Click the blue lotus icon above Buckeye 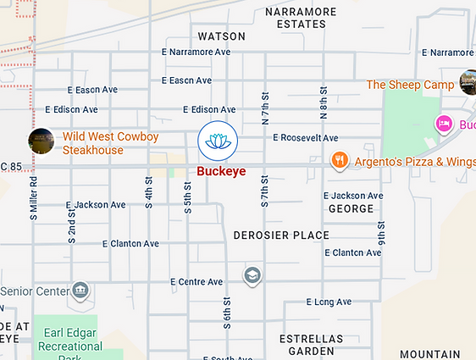click(218, 141)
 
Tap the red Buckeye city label click(221, 170)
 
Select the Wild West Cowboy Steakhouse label click(99, 142)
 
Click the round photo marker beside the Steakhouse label click(42, 141)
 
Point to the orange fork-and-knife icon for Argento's click(340, 160)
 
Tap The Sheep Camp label click(410, 85)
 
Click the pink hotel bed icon click(443, 125)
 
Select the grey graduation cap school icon click(252, 275)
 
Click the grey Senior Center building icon click(80, 291)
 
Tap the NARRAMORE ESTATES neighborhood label click(300, 18)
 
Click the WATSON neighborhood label click(221, 36)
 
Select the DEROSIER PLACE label click(280, 235)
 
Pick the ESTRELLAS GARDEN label click(312, 345)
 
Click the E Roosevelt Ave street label click(305, 138)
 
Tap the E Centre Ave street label click(196, 281)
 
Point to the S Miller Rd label click(34, 198)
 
